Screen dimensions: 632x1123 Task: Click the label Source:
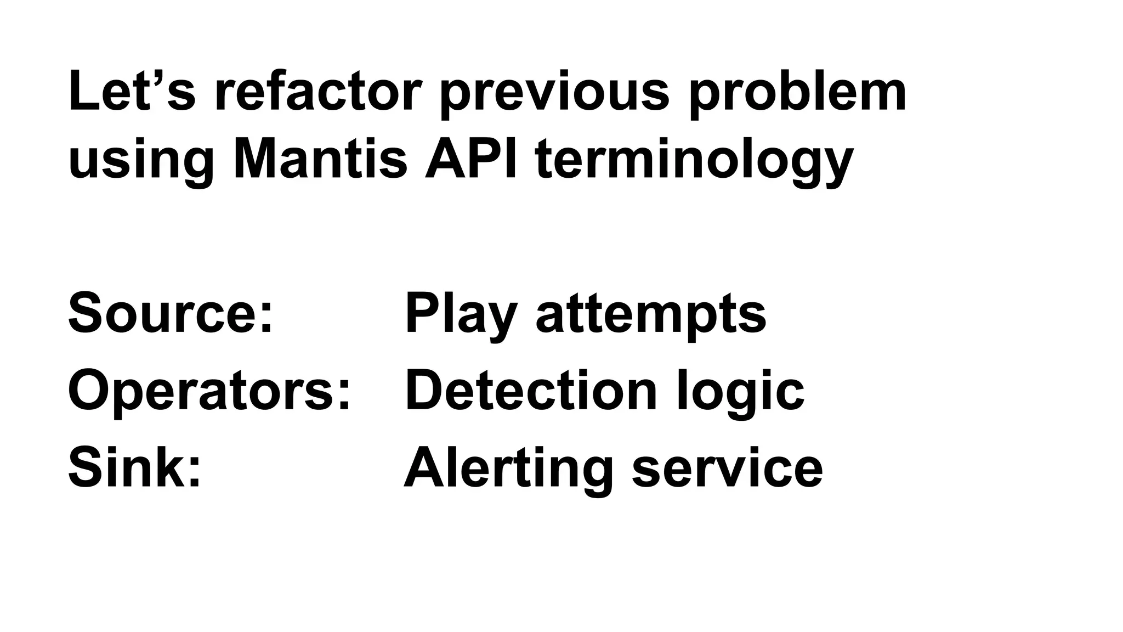tap(171, 313)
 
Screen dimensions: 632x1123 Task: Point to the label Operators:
tap(209, 391)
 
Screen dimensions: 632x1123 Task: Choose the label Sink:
tap(135, 468)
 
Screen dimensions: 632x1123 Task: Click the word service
tap(727, 468)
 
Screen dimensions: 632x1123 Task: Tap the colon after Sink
tap(195, 475)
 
